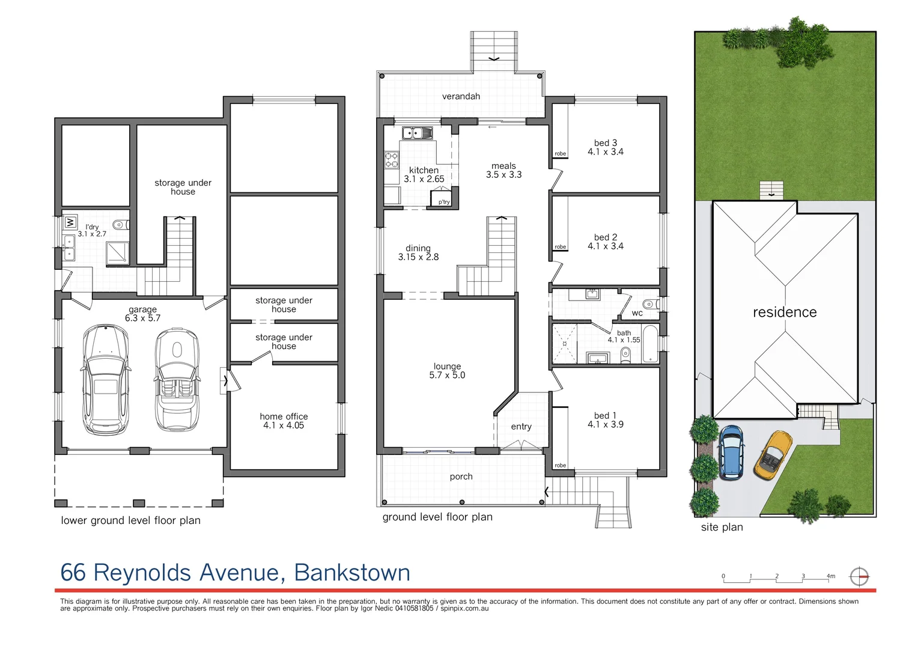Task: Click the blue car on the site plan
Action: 731,452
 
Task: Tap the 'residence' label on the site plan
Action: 785,312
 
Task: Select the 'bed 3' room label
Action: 606,143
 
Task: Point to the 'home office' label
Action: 284,416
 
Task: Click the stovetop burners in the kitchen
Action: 391,159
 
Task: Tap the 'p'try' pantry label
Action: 444,202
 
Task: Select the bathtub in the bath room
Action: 650,344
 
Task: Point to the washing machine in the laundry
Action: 70,222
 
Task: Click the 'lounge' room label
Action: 447,366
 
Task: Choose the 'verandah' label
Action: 461,96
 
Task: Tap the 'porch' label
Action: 461,477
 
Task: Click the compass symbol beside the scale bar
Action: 859,577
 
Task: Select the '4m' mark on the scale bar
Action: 830,576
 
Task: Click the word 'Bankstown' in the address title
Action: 352,573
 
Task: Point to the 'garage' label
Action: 142,309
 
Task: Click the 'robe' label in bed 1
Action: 560,465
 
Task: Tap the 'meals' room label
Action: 503,166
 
